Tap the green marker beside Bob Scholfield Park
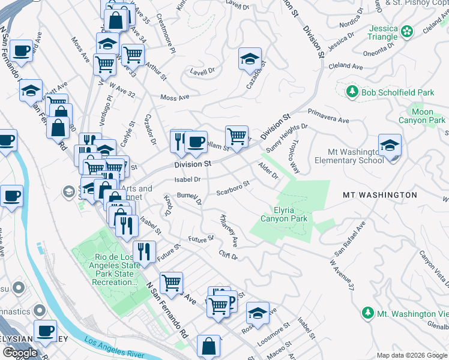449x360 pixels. [x=352, y=92]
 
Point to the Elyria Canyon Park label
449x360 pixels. [x=284, y=214]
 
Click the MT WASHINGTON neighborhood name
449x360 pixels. [x=379, y=195]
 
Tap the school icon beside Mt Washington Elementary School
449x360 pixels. [x=390, y=145]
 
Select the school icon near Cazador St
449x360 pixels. [x=250, y=59]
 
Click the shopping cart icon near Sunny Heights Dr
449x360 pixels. [x=237, y=135]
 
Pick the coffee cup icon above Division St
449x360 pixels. [x=195, y=142]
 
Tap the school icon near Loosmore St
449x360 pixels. [x=258, y=313]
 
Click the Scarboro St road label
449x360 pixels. [x=233, y=188]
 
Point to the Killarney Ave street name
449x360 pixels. [x=229, y=230]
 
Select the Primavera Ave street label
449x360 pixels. [x=328, y=116]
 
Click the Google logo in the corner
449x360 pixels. [x=20, y=353]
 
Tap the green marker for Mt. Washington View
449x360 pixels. [x=367, y=313]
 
